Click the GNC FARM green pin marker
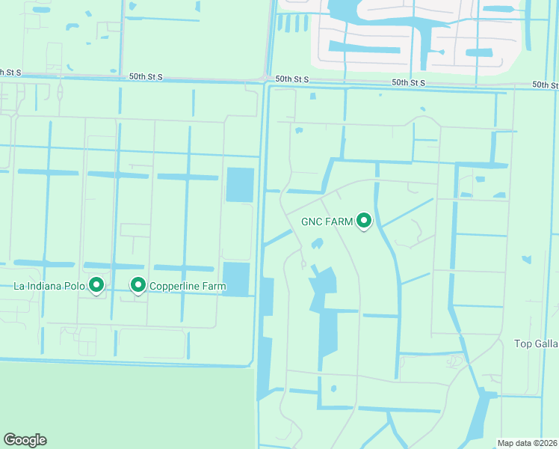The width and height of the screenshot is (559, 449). click(364, 221)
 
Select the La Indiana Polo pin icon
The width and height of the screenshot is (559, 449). click(96, 284)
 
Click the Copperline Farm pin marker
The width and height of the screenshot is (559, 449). click(138, 284)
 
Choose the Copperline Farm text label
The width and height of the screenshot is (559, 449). click(187, 286)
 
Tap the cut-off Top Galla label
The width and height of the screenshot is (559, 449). click(536, 343)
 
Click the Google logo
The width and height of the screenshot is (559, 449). click(25, 440)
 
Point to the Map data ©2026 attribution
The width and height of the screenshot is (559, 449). click(528, 443)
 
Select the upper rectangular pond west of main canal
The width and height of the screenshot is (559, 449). click(240, 184)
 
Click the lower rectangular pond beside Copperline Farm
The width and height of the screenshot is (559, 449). click(236, 279)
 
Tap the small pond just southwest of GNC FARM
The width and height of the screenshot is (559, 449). click(317, 243)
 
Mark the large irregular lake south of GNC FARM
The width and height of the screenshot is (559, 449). click(326, 314)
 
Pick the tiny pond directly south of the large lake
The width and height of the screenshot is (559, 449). click(333, 388)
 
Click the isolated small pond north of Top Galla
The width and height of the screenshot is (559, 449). click(526, 260)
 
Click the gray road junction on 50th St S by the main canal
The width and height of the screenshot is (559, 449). click(265, 79)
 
